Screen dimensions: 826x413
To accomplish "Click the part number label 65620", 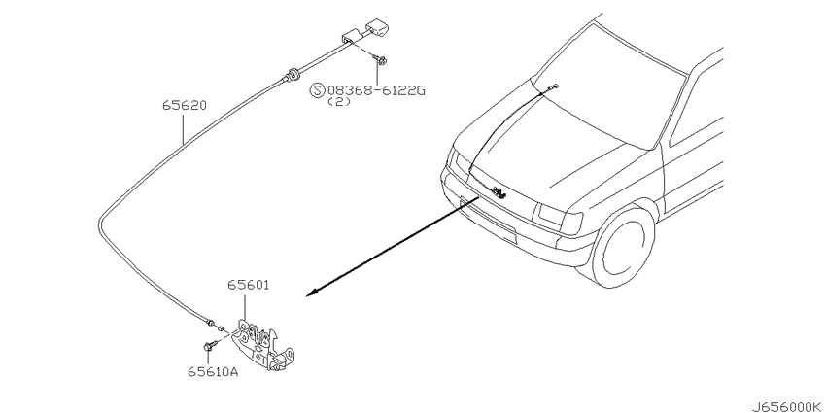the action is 184,105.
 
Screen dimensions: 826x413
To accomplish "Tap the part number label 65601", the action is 249,285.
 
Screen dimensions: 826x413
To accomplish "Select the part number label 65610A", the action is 213,372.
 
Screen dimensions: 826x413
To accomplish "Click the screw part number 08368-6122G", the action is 376,90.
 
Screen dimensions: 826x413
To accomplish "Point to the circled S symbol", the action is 318,90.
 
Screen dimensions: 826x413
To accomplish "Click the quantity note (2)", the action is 339,102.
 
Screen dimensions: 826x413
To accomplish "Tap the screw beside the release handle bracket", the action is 381,59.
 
